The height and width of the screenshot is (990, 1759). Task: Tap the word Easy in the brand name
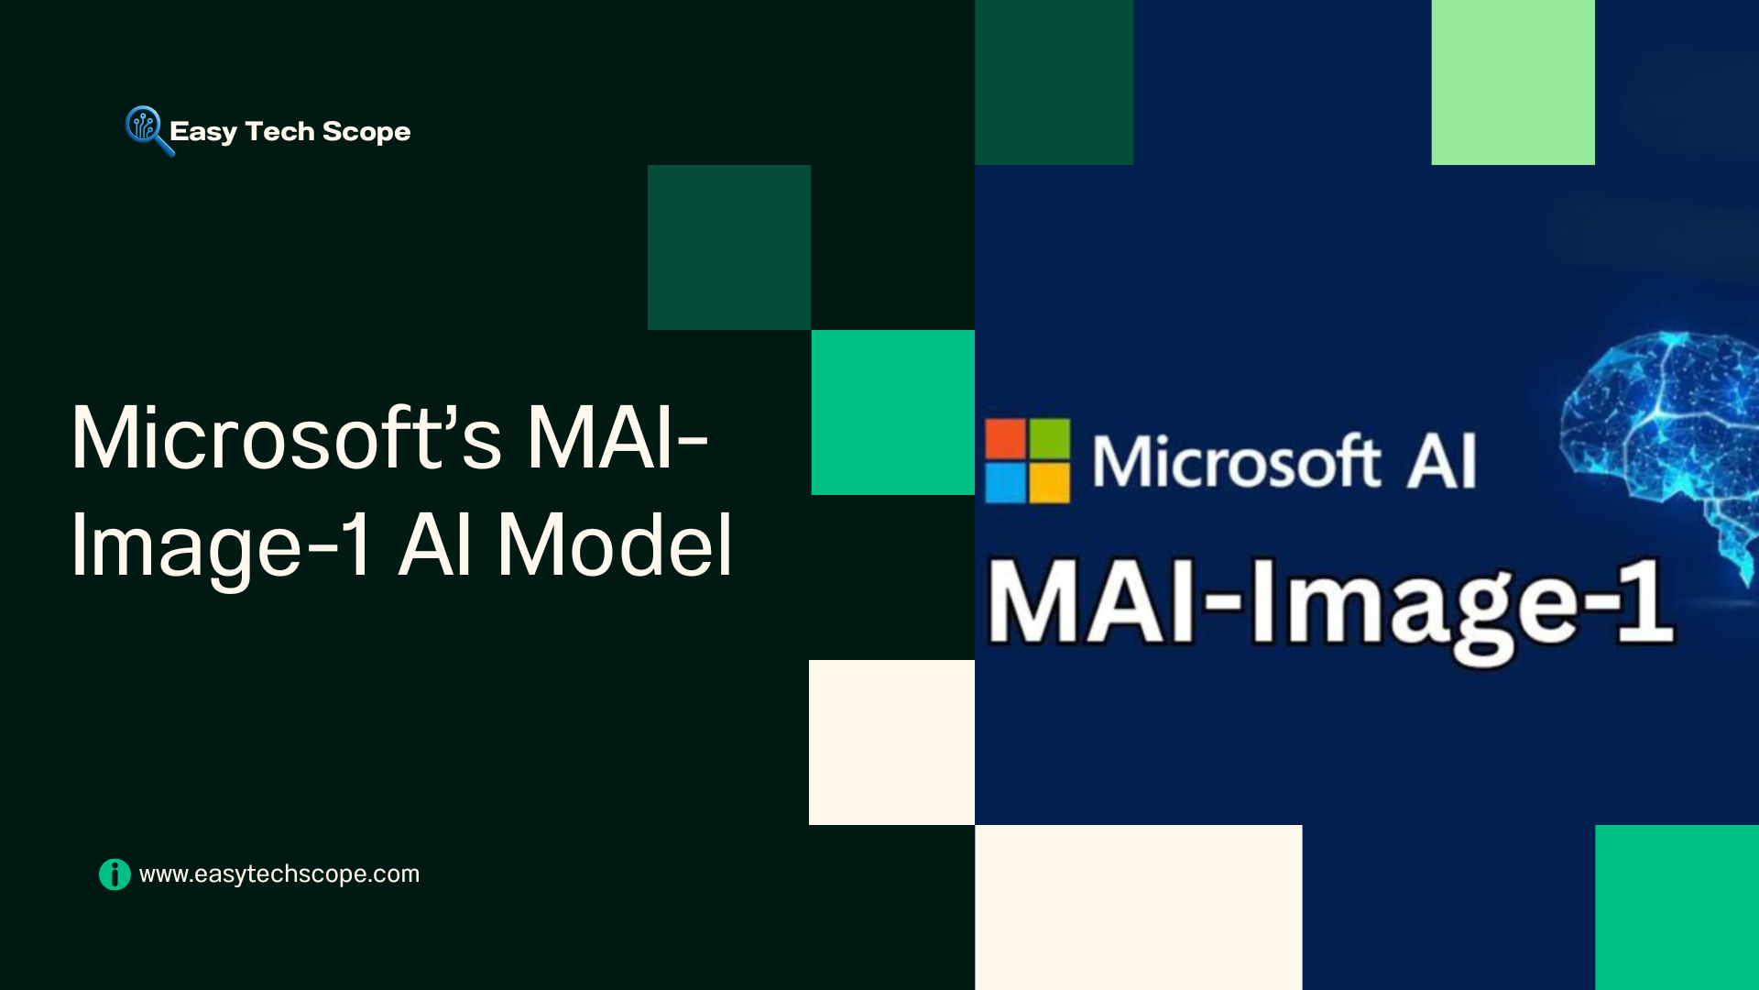203,132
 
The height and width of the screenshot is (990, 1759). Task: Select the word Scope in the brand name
366,132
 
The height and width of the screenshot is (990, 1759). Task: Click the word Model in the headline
615,545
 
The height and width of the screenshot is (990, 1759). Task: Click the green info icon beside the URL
115,874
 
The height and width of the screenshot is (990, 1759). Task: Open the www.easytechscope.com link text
279,874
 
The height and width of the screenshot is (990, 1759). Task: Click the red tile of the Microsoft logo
1005,439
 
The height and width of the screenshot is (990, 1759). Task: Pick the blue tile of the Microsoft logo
1005,483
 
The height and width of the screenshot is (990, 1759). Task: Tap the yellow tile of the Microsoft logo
1050,483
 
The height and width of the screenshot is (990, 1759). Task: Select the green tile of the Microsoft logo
1050,439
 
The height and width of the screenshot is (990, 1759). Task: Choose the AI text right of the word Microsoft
1442,461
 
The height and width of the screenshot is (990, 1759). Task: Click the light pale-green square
1513,82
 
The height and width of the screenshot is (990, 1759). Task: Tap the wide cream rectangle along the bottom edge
1139,907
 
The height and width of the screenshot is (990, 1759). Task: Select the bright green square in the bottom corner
1677,907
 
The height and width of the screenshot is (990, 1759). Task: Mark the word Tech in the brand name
279,131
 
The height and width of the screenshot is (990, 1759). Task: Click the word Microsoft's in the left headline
286,438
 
